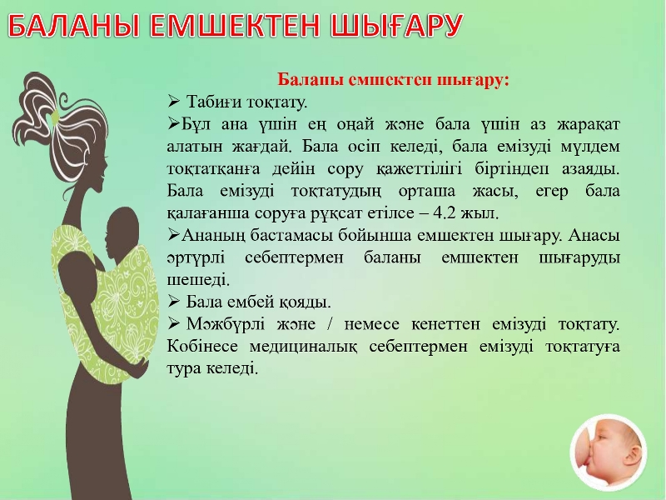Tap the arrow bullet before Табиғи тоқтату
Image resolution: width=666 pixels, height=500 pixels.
tap(174, 101)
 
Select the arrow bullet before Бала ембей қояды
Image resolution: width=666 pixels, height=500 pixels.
tap(174, 301)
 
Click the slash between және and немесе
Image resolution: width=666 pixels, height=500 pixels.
tap(330, 324)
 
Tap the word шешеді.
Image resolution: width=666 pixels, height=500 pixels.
tap(198, 280)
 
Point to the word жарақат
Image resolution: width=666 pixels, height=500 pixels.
tap(589, 125)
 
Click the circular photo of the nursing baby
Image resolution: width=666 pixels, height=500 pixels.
tap(609, 452)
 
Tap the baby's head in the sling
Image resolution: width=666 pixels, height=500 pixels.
tap(122, 230)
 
